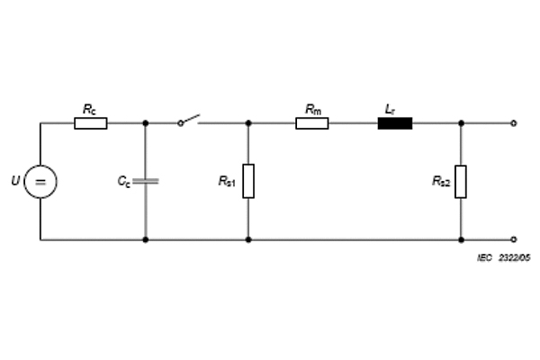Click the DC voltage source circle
pos(40,183)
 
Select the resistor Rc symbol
pos(90,122)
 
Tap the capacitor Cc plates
pos(146,181)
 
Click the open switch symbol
pos(188,120)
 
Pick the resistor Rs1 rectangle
pos(248,181)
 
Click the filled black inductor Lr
pos(394,122)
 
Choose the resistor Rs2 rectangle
pos(461,181)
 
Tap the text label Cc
pos(124,181)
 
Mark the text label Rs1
pos(226,182)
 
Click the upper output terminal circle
pos(513,122)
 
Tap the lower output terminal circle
pos(513,240)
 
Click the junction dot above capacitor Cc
pos(146,122)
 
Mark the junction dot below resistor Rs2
pos(461,240)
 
